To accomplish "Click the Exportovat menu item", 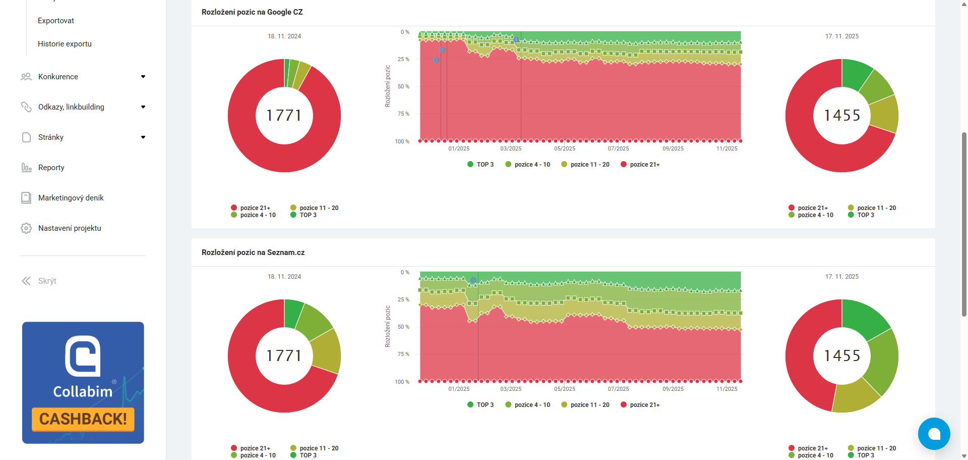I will tap(56, 21).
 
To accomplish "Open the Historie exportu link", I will tap(65, 44).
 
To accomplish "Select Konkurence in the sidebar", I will tap(58, 77).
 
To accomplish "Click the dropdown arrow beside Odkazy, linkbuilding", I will tap(143, 107).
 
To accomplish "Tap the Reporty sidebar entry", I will tap(51, 168).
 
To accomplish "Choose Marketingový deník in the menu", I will tap(71, 198).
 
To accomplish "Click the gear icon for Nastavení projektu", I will tap(26, 228).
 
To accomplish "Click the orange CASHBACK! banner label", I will tap(83, 419).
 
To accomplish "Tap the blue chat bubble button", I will tap(934, 434).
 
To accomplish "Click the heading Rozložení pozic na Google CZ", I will tap(252, 12).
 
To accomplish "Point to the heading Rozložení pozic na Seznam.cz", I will tap(253, 252).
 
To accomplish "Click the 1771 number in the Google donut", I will tap(284, 116).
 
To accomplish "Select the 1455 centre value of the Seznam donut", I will tap(842, 356).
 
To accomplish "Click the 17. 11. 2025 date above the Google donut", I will tap(842, 36).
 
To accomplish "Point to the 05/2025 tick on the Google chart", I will tap(565, 148).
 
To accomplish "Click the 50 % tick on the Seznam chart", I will tap(403, 327).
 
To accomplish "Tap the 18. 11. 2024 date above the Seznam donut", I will tap(284, 277).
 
